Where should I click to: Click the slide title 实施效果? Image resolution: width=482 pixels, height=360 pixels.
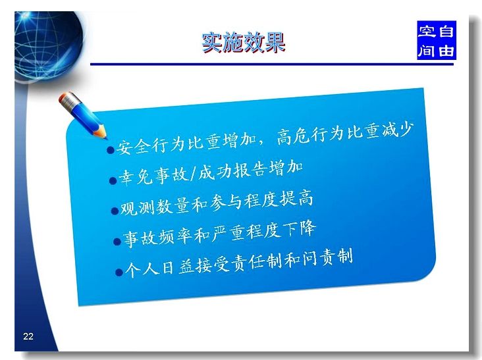tap(244, 42)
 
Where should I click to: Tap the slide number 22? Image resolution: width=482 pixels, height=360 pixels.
tap(28, 336)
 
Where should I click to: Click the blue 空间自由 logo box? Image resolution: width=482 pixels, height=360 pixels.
tap(436, 40)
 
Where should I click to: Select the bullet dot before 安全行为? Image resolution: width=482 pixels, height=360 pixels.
tap(111, 150)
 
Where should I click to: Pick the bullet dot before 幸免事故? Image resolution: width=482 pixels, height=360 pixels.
tap(113, 180)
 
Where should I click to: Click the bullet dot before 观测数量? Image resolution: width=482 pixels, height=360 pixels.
tap(115, 211)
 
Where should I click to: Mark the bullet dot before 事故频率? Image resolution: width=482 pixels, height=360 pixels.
tap(117, 242)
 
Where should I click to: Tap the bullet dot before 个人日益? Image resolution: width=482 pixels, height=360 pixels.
tap(119, 272)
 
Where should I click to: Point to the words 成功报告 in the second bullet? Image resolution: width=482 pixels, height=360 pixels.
tap(232, 172)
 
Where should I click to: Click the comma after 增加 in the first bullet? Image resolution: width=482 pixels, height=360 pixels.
tap(261, 143)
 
